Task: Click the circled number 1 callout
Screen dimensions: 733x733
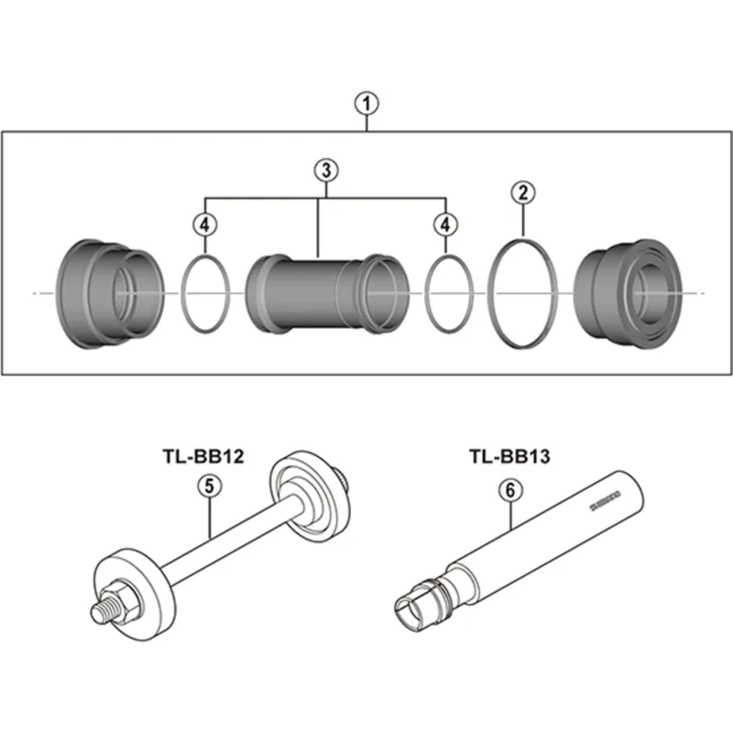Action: tap(366, 104)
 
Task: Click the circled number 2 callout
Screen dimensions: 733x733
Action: tap(522, 192)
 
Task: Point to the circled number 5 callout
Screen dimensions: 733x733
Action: tap(210, 488)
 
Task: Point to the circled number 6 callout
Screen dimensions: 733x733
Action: tap(509, 489)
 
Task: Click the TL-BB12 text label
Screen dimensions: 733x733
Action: tap(202, 456)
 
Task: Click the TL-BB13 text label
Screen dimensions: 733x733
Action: tap(509, 455)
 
